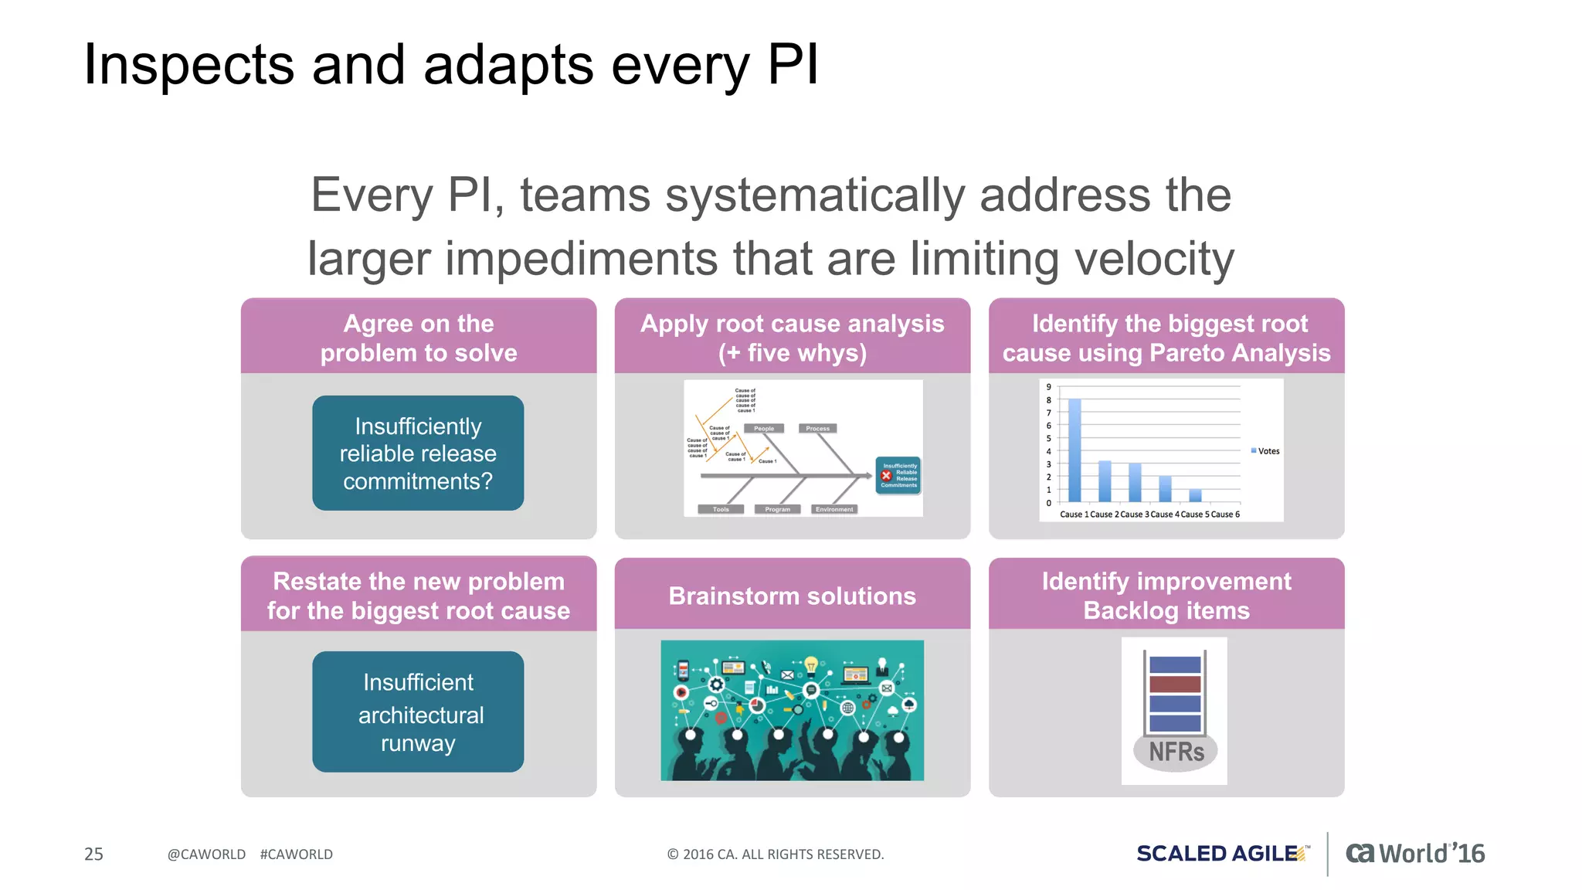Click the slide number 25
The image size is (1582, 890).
tap(93, 854)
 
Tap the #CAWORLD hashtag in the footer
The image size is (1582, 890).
tap(296, 854)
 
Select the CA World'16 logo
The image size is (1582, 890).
tap(1415, 854)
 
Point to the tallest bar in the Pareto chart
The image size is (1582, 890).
tap(1074, 450)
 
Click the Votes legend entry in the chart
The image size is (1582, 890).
tap(1266, 451)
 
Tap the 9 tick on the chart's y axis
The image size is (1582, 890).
tap(1048, 387)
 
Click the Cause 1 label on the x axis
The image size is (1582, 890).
tap(1074, 515)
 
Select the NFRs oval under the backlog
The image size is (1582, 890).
tap(1176, 751)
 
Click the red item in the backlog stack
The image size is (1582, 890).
tap(1175, 684)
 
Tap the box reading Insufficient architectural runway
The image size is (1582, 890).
tap(418, 712)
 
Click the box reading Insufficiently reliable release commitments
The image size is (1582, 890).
tap(418, 453)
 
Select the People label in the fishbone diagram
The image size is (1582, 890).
tap(764, 428)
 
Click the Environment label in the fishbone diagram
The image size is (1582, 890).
tap(834, 509)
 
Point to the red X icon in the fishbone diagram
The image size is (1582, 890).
tap(887, 476)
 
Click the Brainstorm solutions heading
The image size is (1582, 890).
tap(792, 596)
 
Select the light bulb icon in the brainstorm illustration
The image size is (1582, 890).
tap(811, 664)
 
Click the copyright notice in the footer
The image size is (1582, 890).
tap(775, 854)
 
